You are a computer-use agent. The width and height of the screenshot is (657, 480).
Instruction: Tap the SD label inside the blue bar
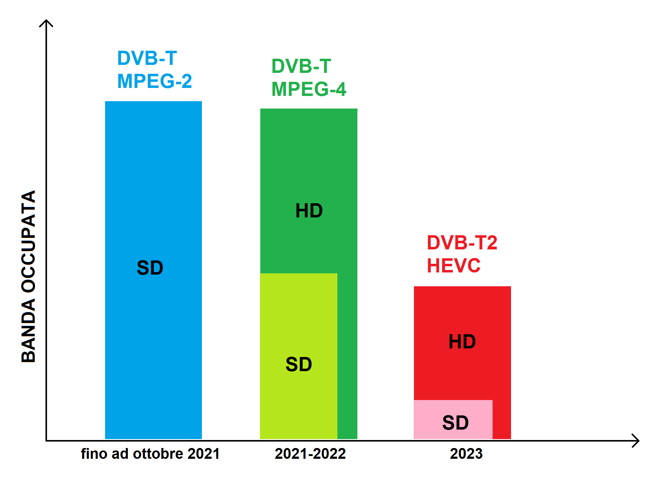150,268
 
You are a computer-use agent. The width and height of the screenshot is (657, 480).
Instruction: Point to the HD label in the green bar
309,211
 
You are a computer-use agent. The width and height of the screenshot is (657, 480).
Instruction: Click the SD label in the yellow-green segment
299,364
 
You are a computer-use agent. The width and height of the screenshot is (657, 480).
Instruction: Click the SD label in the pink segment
455,422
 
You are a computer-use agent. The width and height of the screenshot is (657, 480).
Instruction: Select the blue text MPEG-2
155,81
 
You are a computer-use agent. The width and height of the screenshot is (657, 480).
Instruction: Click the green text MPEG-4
309,89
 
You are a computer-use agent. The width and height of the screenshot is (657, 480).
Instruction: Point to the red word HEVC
454,265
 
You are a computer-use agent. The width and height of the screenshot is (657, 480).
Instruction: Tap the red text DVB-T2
462,242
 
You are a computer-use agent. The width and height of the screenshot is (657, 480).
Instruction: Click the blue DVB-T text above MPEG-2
147,58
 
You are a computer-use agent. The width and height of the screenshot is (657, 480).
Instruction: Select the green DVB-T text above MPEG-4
301,66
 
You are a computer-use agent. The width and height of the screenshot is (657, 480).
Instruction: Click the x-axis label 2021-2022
310,454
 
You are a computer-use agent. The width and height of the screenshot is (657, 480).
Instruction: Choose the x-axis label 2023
466,454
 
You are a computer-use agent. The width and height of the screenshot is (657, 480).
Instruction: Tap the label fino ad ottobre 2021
150,454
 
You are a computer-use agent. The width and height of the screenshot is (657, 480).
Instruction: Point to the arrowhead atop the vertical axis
46,22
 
